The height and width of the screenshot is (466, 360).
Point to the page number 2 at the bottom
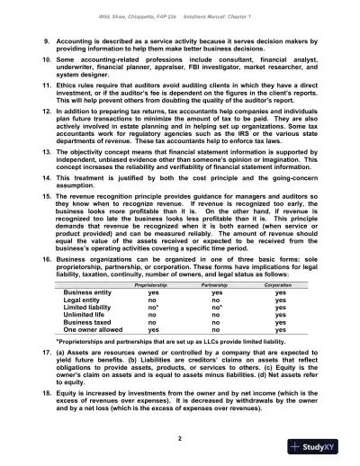click(179, 436)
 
